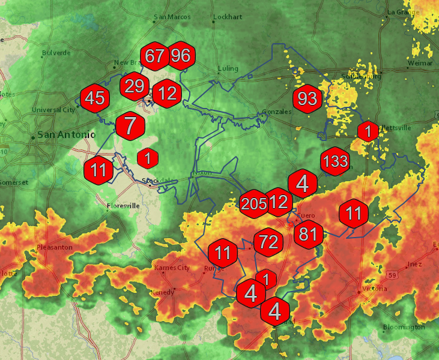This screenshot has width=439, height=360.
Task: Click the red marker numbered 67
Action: tap(155, 56)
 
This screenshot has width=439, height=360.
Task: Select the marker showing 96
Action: tap(180, 56)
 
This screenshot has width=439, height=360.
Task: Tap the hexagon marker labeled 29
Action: tap(135, 85)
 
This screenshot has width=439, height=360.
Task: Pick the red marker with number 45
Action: tap(95, 98)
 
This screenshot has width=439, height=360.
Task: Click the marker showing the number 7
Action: tap(130, 127)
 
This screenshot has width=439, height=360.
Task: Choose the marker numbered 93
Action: tap(307, 98)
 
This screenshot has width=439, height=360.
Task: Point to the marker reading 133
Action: tap(335, 161)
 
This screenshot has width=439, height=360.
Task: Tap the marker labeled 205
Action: tap(253, 204)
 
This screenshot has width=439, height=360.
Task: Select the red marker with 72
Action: tap(268, 242)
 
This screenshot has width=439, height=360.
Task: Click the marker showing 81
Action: tap(308, 233)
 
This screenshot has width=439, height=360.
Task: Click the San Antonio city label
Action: tap(66, 135)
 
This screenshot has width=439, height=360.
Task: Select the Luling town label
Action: tap(228, 68)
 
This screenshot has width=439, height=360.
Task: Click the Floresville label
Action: tap(123, 206)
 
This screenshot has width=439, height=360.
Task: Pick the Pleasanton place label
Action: tap(53, 247)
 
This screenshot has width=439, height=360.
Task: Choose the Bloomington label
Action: tap(404, 327)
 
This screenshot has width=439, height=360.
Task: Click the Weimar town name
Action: tap(420, 62)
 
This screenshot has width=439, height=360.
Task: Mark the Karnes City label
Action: tap(172, 268)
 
